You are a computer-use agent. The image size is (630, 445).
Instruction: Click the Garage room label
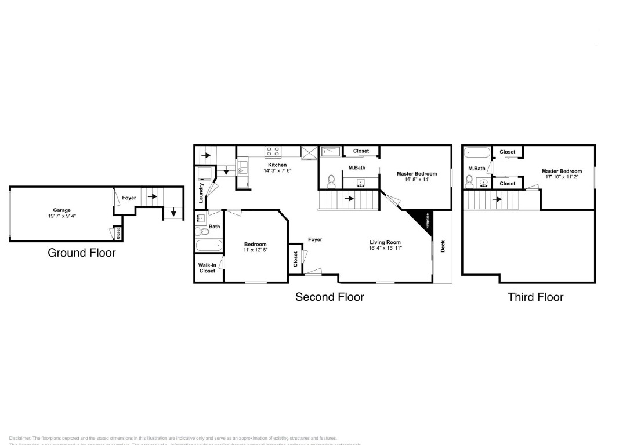61,210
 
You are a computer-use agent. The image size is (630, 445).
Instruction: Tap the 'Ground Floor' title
81,253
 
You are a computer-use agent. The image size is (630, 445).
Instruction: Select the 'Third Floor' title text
535,297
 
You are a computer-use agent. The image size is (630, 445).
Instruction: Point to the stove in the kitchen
273,152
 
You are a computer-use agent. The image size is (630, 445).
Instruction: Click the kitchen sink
242,167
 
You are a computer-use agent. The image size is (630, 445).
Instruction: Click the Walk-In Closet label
207,268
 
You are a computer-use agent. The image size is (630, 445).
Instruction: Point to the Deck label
443,246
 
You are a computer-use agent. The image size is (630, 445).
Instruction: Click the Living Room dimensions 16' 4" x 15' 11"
385,248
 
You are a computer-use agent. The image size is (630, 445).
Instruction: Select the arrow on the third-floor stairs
497,200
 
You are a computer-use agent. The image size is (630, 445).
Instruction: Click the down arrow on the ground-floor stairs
173,213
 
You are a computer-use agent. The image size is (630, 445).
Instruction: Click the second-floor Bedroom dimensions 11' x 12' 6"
255,250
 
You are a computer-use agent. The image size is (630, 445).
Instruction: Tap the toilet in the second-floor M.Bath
332,181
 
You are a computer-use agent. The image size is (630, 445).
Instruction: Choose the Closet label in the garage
118,234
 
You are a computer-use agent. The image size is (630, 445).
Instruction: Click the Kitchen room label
277,165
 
